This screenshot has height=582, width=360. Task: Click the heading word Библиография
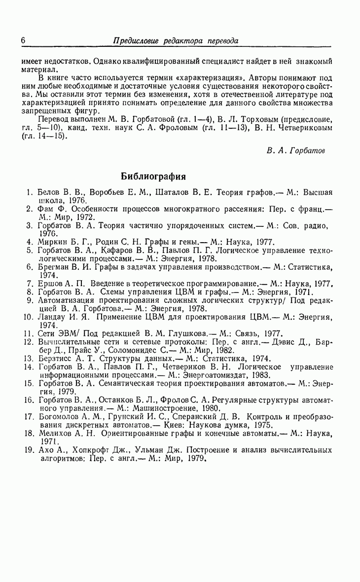pyautogui.click(x=153, y=176)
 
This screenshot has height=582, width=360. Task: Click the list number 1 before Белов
pyautogui.click(x=30, y=193)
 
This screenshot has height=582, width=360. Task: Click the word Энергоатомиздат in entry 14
pyautogui.click(x=184, y=375)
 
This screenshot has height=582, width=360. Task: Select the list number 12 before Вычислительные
pyautogui.click(x=28, y=342)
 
